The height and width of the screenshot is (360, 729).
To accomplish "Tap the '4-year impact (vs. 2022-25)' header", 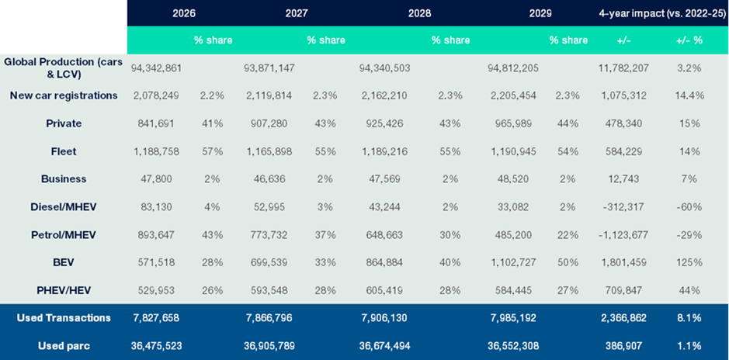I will click(661, 12).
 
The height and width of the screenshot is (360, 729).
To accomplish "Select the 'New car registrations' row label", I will click(64, 95).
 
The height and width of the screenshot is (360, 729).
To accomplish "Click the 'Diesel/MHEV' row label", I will click(64, 206).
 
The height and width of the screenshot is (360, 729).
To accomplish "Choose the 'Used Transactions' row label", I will click(64, 317).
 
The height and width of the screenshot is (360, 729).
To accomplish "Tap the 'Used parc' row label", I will click(64, 345).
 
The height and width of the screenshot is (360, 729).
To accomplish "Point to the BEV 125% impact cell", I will click(689, 262).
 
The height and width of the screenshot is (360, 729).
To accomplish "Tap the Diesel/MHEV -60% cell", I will click(689, 206).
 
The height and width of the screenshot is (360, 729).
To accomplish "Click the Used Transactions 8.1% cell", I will click(689, 317).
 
